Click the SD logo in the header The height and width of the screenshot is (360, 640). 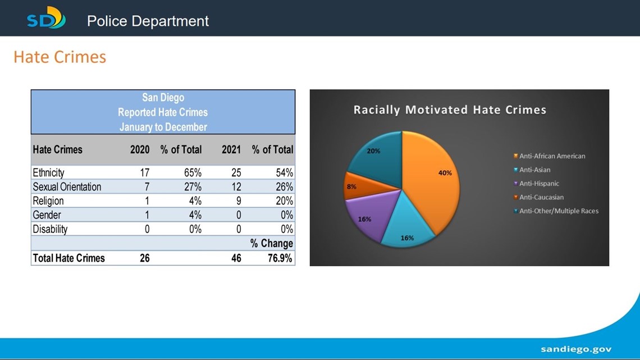pyautogui.click(x=46, y=17)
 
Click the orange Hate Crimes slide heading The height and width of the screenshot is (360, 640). pyautogui.click(x=60, y=57)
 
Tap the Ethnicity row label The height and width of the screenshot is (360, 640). pyautogui.click(x=48, y=172)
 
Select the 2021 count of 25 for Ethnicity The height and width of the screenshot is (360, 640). pyautogui.click(x=236, y=172)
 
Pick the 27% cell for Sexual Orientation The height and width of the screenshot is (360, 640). pyautogui.click(x=193, y=187)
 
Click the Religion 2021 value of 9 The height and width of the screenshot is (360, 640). pyautogui.click(x=239, y=201)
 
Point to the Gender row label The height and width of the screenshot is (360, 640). pyautogui.click(x=47, y=215)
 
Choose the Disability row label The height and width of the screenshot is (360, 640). pyautogui.click(x=50, y=229)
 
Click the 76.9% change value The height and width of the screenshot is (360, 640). pyautogui.click(x=280, y=258)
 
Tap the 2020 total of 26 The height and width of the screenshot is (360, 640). pyautogui.click(x=144, y=258)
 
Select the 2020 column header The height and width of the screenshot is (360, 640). pyautogui.click(x=140, y=149)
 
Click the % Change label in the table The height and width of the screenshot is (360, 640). pyautogui.click(x=271, y=243)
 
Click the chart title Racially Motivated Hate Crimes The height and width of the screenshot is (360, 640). pyautogui.click(x=450, y=110)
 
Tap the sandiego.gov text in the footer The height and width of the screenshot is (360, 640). pyautogui.click(x=577, y=349)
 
